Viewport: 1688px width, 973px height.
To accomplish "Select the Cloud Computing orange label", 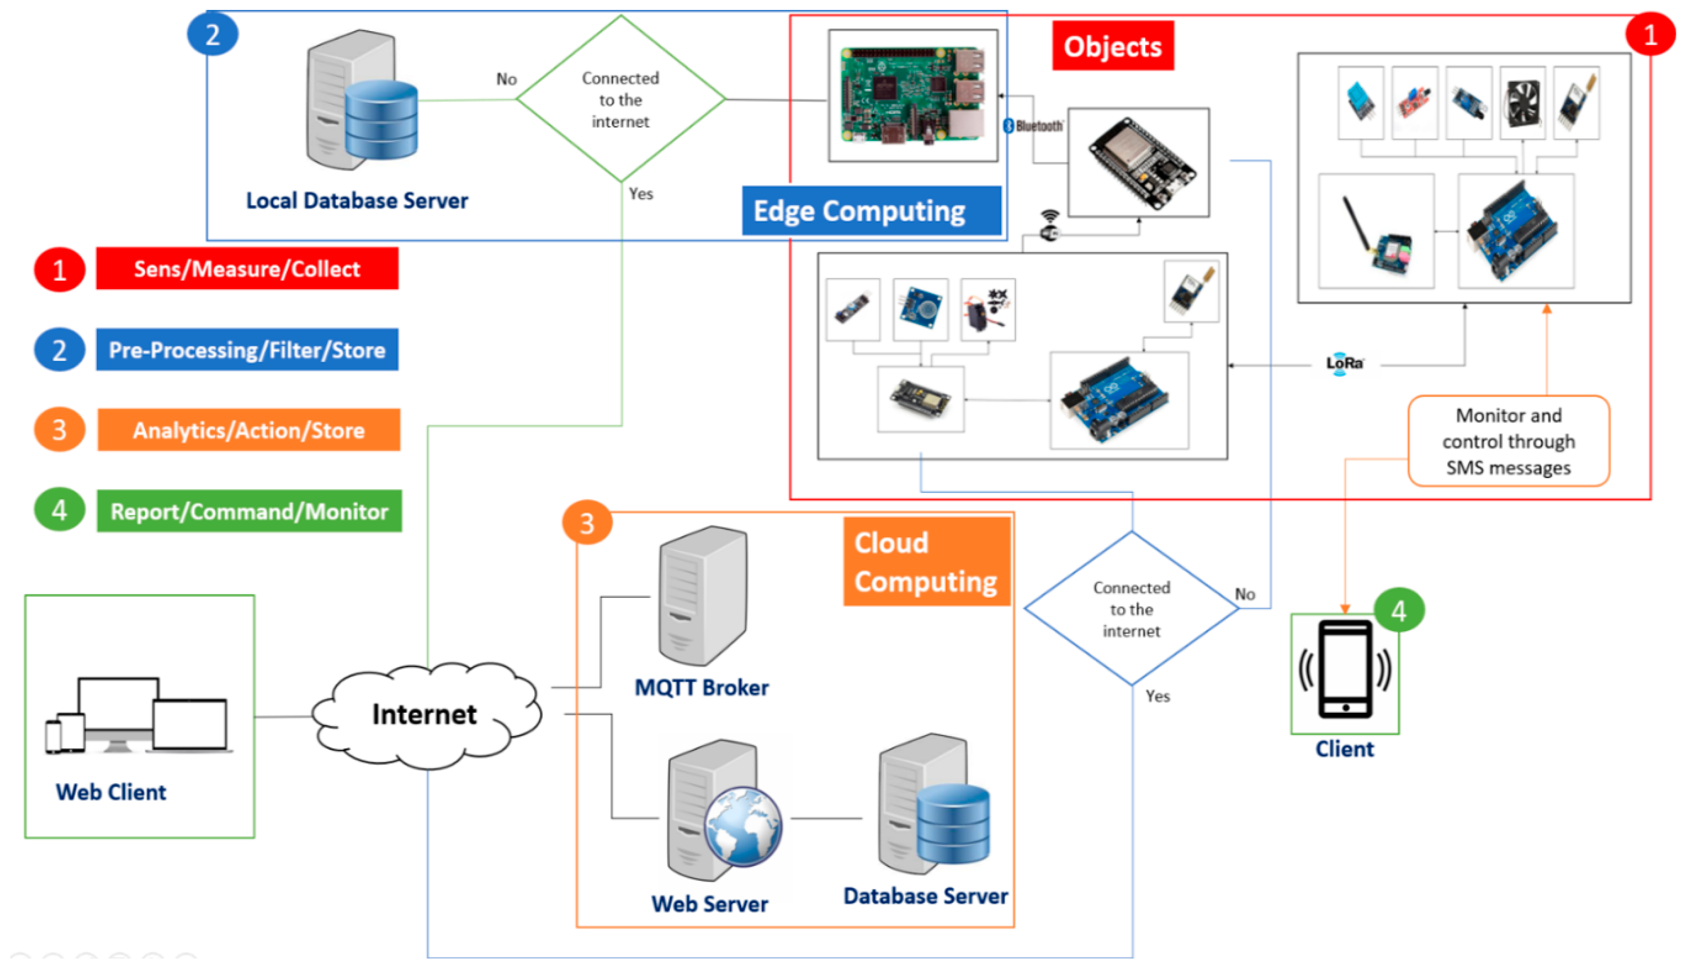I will pos(926,562).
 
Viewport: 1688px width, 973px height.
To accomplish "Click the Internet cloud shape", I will pos(425,714).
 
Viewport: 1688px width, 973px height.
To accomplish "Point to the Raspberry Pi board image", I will pos(912,95).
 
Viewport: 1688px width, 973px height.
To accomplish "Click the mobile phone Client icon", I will pos(1345,670).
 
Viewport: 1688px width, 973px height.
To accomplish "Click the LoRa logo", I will pos(1345,363).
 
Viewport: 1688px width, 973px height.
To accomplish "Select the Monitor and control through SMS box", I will pos(1508,442).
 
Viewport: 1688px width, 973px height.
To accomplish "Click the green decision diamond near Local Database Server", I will pos(621,99).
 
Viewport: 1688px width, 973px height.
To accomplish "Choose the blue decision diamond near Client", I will pos(1131,609).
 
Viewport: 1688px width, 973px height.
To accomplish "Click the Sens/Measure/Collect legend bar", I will pos(247,268).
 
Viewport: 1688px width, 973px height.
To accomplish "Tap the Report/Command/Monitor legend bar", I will pos(249,511).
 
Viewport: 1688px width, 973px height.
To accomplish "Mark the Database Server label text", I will pos(926,896).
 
